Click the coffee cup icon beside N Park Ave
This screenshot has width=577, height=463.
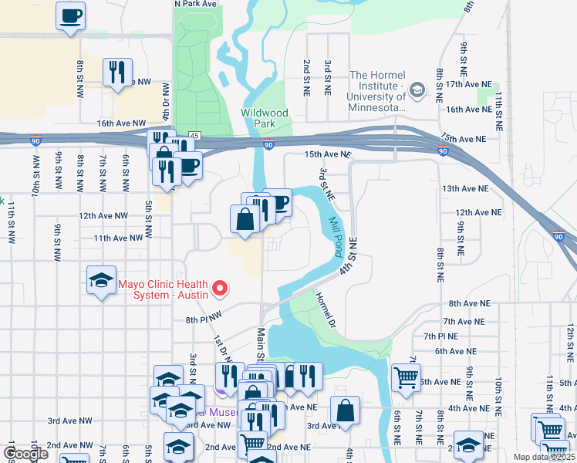click(x=71, y=15)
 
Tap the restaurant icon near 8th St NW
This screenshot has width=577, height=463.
click(x=117, y=73)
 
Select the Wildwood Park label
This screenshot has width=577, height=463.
click(x=265, y=118)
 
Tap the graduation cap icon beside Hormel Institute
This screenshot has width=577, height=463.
click(x=417, y=91)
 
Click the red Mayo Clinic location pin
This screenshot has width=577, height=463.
click(x=221, y=289)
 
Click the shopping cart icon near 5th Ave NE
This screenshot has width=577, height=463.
click(x=406, y=377)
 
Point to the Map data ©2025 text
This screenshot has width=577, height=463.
click(x=545, y=457)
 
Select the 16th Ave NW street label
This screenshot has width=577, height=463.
click(x=121, y=123)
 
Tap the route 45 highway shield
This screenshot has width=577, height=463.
click(x=194, y=135)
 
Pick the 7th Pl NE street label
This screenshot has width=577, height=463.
click(x=440, y=336)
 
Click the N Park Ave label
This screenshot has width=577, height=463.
click(x=195, y=4)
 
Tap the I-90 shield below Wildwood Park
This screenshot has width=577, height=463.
click(x=268, y=144)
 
